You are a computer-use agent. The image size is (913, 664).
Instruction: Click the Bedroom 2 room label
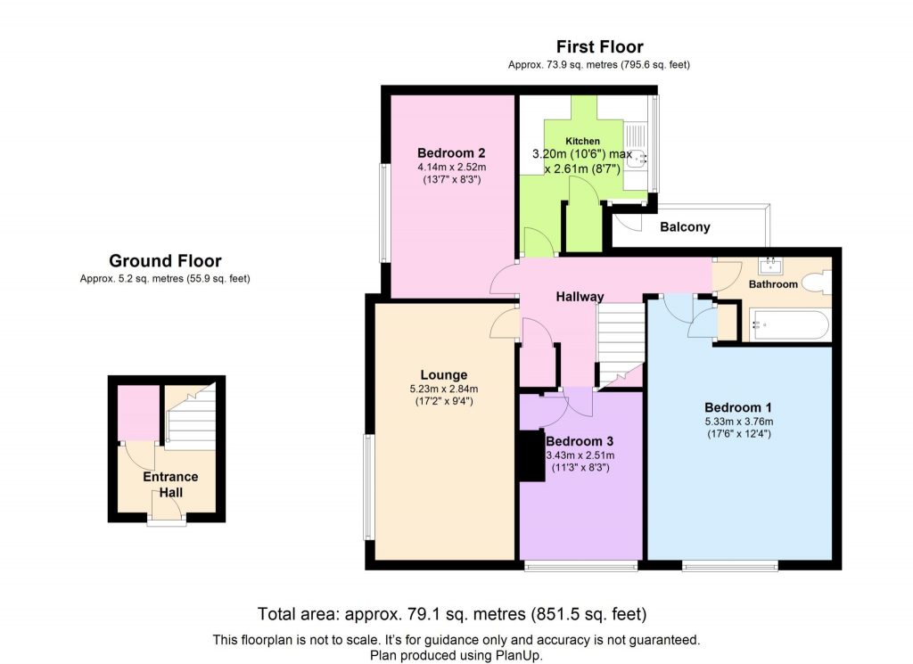pos(451,152)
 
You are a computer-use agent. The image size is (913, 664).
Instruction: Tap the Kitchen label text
pos(582,141)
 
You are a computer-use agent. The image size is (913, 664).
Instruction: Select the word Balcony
pos(685,227)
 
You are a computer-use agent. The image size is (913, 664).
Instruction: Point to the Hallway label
pos(580,297)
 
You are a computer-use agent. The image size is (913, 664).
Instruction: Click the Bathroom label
pos(772,284)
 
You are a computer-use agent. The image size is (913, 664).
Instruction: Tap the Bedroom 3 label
pos(580,441)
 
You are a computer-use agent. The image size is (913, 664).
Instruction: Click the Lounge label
pos(444,374)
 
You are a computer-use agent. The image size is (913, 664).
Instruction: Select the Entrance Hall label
pos(171,484)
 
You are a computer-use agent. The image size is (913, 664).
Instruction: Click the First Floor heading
pos(599,47)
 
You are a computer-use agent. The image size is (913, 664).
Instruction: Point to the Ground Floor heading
pos(165,261)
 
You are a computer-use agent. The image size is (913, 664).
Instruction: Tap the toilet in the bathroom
pos(816,283)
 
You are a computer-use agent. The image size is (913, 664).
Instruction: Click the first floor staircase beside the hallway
pos(620,343)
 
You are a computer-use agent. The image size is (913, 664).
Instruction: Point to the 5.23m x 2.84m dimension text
pos(444,389)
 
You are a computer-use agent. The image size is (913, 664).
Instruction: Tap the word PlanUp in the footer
pos(519,655)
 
